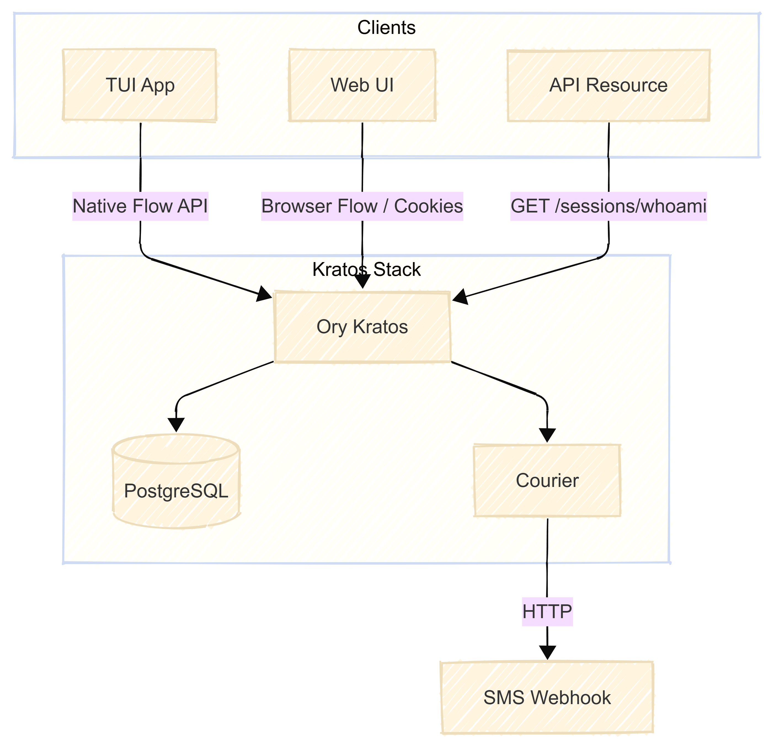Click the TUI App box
click(x=140, y=85)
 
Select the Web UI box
click(x=362, y=85)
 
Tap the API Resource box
click(x=608, y=85)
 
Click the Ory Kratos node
click(x=362, y=327)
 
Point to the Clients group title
click(x=386, y=28)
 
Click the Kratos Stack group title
click(x=367, y=270)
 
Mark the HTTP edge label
click(x=547, y=612)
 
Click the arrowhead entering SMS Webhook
click(x=547, y=652)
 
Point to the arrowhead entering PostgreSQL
click(x=176, y=424)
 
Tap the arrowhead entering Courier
click(x=547, y=435)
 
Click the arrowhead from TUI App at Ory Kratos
click(x=264, y=294)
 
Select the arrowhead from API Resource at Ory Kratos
click(x=460, y=297)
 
